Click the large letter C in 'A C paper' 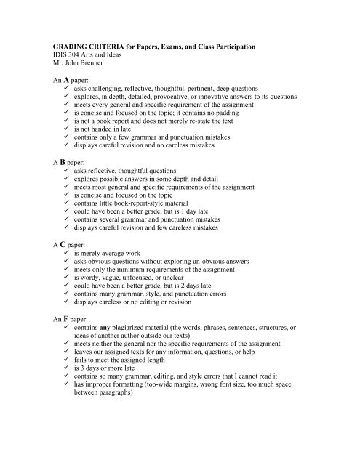point(66,265)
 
